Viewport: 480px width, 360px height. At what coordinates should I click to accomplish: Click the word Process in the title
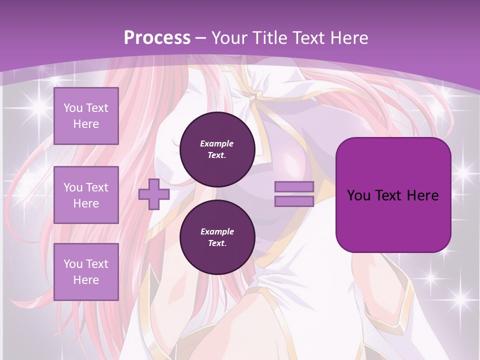click(x=157, y=37)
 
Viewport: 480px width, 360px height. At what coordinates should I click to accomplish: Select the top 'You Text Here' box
click(x=86, y=116)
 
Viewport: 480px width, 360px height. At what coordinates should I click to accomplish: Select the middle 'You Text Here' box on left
click(x=86, y=195)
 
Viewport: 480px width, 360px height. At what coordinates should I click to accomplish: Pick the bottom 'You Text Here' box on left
click(x=86, y=271)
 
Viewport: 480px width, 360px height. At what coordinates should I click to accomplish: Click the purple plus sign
click(x=153, y=194)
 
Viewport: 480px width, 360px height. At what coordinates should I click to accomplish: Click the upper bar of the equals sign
click(x=294, y=186)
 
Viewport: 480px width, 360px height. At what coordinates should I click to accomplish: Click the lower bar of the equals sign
click(x=294, y=201)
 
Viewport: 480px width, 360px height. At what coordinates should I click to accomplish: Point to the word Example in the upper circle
click(x=217, y=143)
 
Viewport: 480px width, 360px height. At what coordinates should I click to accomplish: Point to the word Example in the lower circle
click(x=217, y=231)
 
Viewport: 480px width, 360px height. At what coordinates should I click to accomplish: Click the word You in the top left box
click(x=73, y=108)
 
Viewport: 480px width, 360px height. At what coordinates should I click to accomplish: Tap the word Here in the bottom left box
click(x=86, y=280)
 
